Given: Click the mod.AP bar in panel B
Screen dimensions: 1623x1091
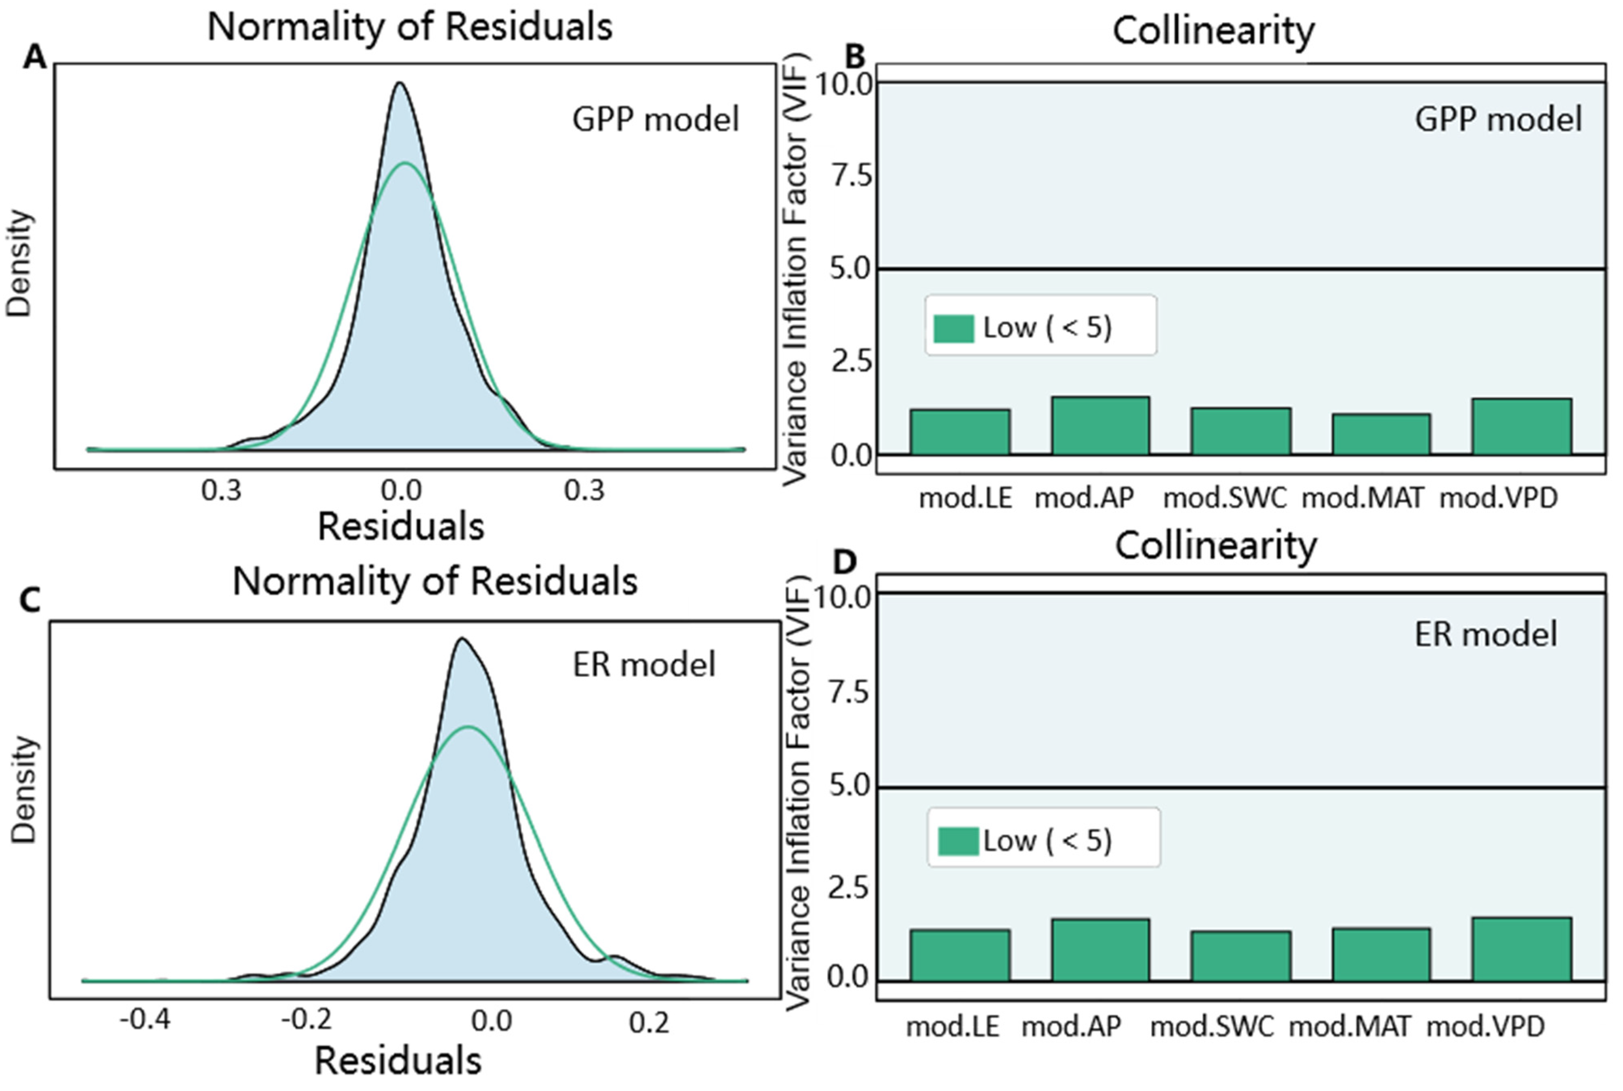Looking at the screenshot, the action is tap(1100, 426).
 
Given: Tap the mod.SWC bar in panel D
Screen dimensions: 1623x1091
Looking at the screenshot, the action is tap(1241, 956).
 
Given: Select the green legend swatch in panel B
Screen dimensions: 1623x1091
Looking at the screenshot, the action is tap(954, 329).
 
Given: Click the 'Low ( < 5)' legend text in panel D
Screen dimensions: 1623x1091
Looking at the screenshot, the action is tap(1047, 841).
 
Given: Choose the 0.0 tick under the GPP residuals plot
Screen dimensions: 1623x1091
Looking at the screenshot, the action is tap(402, 491).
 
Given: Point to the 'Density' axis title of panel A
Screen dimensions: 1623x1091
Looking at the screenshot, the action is tap(19, 264).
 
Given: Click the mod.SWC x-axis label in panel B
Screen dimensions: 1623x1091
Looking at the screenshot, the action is tap(1226, 498).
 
